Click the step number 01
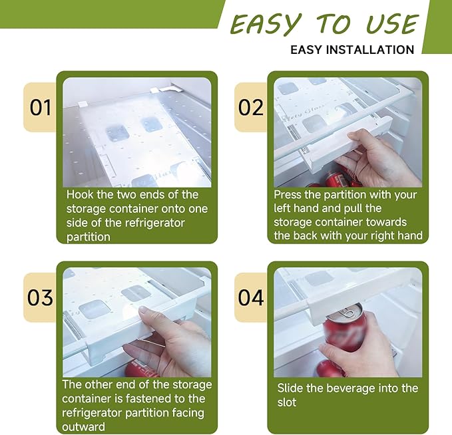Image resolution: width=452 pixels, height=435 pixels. click(41, 108)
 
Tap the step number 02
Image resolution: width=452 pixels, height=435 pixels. click(251, 108)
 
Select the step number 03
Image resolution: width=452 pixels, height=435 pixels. click(40, 297)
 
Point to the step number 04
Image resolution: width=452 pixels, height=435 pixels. click(251, 297)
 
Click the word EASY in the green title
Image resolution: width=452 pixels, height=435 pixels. click(266, 24)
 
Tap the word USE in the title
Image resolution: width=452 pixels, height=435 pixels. click(393, 24)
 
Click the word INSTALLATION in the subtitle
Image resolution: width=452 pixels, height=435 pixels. click(370, 50)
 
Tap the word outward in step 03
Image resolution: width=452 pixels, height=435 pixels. click(84, 427)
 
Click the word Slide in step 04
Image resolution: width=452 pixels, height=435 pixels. click(290, 388)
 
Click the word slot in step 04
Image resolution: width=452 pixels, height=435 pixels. click(287, 402)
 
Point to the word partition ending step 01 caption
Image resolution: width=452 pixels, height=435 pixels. click(89, 237)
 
